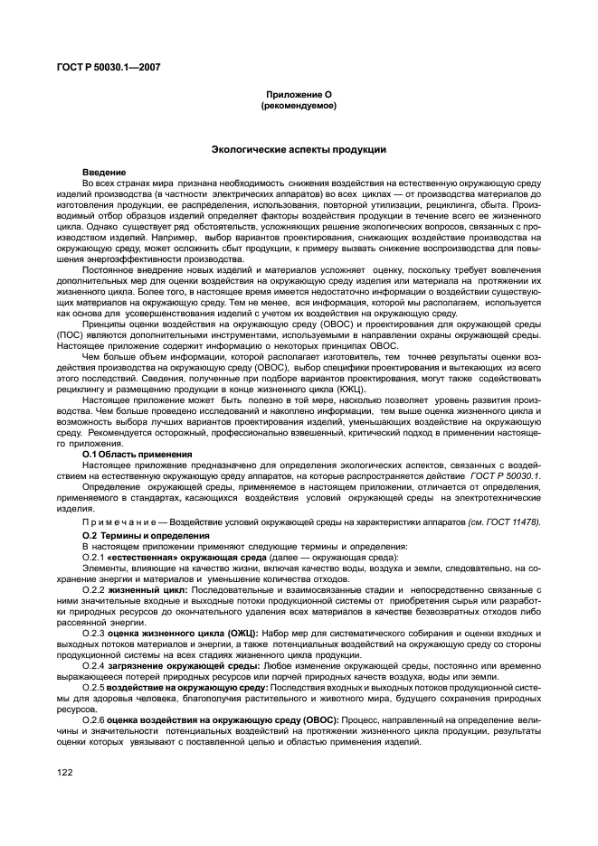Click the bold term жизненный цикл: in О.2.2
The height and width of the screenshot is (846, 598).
point(148,589)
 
